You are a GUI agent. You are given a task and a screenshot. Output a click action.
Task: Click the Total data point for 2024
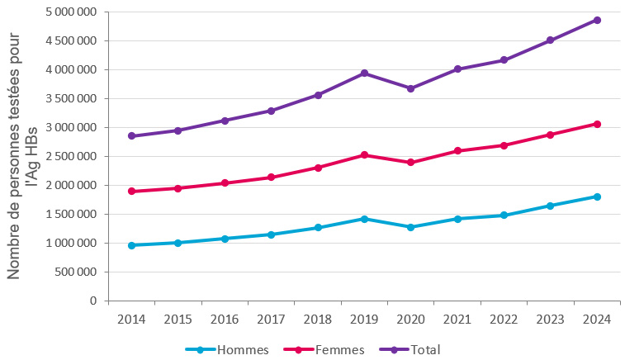point(597,20)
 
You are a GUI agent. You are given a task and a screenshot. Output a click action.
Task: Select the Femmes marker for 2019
point(364,154)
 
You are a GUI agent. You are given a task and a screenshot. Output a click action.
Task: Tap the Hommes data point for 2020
point(411,227)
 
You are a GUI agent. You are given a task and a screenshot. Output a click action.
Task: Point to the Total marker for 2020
point(411,88)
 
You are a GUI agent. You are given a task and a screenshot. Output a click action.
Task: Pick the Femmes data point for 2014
point(131,192)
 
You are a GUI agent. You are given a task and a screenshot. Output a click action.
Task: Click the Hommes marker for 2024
point(597,197)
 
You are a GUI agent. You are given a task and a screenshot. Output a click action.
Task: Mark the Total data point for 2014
point(131,136)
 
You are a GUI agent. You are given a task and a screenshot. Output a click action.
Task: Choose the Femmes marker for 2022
point(504,145)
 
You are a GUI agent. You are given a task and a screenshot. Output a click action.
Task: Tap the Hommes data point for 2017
point(271,234)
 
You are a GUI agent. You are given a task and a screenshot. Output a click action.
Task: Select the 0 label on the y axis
point(93,301)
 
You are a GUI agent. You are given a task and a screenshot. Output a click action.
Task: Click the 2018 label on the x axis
point(318,320)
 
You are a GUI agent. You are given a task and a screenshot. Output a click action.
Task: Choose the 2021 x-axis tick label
point(457,320)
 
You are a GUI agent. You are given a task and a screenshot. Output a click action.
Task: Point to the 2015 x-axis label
point(178,320)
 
